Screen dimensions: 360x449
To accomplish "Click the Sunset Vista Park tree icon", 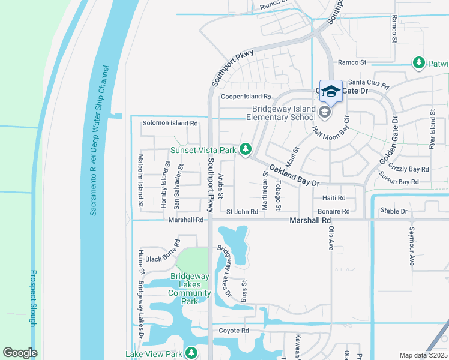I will [245, 149].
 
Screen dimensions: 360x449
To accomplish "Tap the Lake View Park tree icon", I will [191, 352].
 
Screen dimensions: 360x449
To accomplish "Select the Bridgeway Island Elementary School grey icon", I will [324, 112].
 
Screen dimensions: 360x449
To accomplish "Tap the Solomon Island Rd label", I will [170, 123].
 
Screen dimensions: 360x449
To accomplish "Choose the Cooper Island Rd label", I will [246, 96].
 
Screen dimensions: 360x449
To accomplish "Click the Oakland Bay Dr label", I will [292, 175].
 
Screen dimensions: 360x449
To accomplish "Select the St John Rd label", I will [242, 212].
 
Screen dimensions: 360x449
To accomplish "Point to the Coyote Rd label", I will [234, 331].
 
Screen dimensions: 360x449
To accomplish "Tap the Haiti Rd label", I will [334, 198].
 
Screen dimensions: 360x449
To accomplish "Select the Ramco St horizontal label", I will [352, 62].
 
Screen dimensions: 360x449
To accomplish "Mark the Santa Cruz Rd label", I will [369, 82].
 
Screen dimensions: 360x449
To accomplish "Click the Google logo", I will [20, 353].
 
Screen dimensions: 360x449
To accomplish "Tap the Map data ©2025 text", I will [423, 355].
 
